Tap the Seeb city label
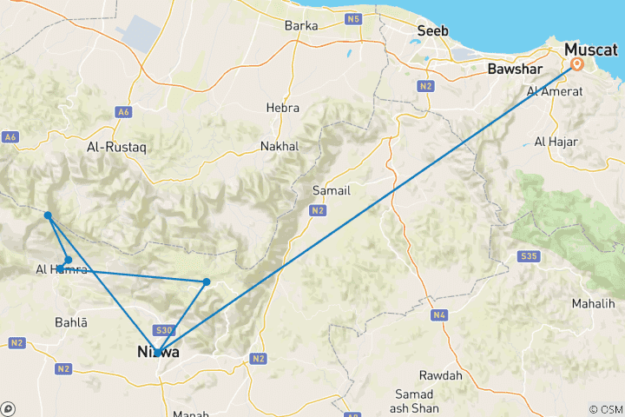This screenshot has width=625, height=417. tap(432, 31)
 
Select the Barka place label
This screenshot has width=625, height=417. tap(300, 25)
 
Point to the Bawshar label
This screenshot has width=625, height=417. tap(513, 68)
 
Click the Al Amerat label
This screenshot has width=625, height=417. tap(551, 91)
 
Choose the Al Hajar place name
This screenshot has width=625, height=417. tap(551, 141)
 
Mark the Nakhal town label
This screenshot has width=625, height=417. tap(279, 147)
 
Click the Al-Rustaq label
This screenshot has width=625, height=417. tap(116, 148)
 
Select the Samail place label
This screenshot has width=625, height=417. tap(331, 189)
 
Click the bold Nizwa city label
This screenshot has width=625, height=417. tap(158, 353)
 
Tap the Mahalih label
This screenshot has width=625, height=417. tap(593, 304)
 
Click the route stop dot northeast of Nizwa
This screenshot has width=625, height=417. tap(207, 281)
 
